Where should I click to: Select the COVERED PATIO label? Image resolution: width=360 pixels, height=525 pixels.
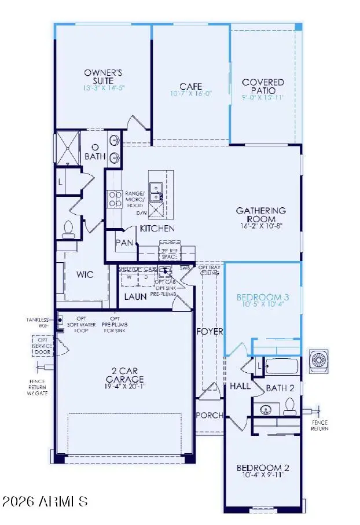point(263,87)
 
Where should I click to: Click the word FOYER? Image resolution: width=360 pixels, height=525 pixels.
point(209,332)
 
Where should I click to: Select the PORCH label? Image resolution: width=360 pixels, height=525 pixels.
point(209,415)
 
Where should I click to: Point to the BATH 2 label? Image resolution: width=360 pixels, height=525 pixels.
point(281,387)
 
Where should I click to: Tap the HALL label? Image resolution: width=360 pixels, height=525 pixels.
point(239,386)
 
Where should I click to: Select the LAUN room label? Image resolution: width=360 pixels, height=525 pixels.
point(135,297)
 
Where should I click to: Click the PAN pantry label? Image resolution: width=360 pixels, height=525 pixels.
point(125,243)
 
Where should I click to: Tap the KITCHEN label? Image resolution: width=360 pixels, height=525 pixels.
point(157,229)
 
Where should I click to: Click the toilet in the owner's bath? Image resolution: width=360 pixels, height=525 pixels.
point(68,230)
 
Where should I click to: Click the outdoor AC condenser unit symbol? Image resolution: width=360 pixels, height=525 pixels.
point(319,360)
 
